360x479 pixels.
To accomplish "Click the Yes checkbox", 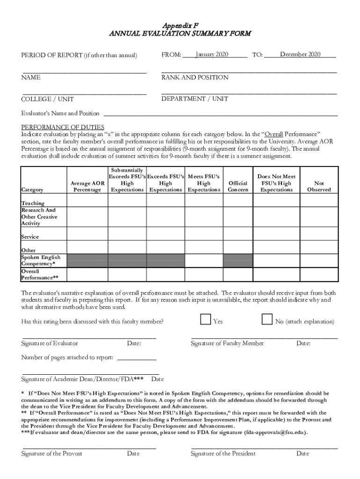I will tap(205, 319).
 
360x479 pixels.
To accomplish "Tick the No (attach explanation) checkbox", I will tap(267, 319).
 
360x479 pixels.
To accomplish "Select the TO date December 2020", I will tap(300, 55).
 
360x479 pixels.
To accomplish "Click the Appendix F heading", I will tap(180, 25).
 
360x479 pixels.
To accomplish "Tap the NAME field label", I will tap(31, 77).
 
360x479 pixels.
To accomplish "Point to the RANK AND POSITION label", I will tap(195, 77).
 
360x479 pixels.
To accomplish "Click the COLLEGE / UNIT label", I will tap(47, 99).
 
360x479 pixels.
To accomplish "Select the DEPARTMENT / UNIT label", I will tap(195, 99).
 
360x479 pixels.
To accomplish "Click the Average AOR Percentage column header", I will tap(87, 187).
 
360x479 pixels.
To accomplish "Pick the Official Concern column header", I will tap(238, 187).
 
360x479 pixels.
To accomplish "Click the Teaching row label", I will tap(33, 203).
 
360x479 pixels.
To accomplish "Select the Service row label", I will tap(30, 237).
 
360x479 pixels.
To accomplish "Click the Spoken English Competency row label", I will tap(40, 261).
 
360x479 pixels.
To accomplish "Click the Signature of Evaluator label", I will tap(50, 343).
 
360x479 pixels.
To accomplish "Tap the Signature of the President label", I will tap(223, 453).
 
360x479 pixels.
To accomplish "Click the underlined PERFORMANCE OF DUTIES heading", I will tap(63, 127).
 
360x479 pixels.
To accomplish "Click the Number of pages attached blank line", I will tap(137, 358).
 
